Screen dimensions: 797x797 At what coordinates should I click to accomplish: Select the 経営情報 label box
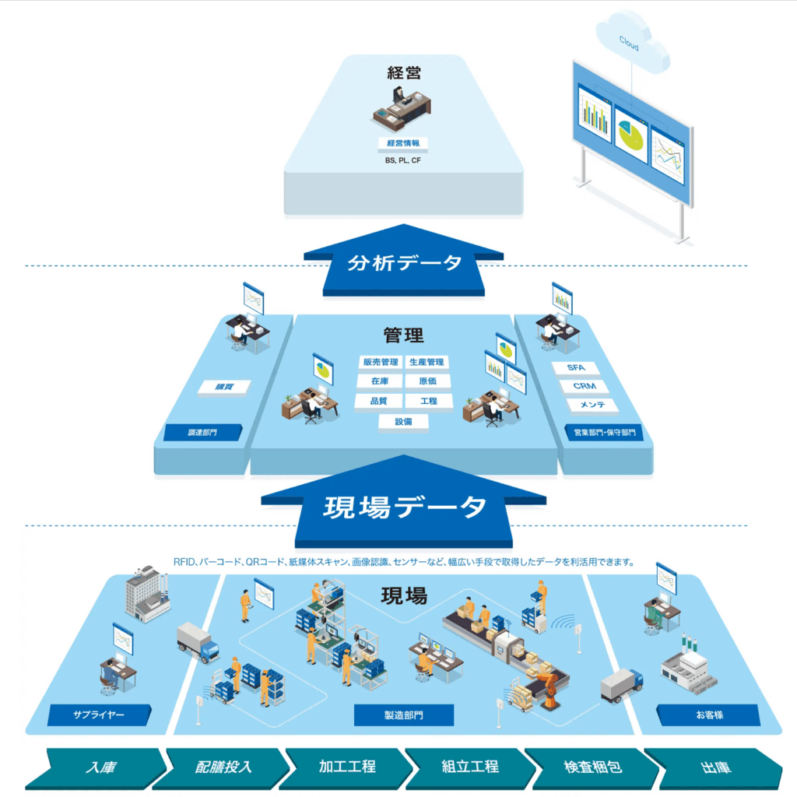404,143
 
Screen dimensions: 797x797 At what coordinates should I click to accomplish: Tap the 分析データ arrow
404,263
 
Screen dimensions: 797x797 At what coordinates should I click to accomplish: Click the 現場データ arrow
404,507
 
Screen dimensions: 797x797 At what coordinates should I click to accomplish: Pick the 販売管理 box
380,362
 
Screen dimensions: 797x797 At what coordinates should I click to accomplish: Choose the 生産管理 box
427,362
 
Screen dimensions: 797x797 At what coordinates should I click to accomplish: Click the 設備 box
403,421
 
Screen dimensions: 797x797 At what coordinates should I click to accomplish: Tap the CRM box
584,386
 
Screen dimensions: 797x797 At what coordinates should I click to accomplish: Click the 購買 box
224,387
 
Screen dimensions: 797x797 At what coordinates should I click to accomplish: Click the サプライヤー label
98,714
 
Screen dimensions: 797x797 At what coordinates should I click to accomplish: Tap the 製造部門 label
403,714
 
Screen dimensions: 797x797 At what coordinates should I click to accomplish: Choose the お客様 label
707,714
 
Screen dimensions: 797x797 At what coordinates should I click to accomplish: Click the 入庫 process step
100,767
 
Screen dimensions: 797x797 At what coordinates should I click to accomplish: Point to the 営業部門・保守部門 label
604,433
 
